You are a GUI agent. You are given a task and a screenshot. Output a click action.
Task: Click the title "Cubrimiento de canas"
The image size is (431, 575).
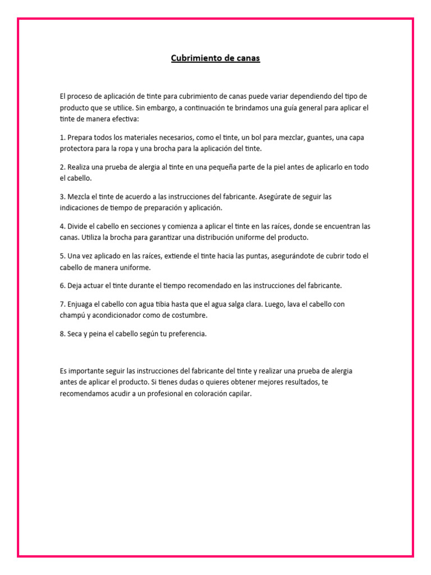coord(215,58)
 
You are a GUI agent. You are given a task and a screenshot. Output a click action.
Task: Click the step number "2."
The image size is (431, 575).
coord(62,167)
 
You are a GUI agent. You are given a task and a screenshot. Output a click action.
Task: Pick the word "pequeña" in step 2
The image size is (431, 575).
coord(230,167)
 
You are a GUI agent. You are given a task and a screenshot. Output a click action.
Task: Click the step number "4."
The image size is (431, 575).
coord(62,226)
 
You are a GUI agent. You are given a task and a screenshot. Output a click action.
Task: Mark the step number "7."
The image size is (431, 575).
coord(62,304)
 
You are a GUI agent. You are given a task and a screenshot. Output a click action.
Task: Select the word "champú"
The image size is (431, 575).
coord(72,315)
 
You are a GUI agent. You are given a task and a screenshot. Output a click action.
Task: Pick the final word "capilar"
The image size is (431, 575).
coord(239,394)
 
